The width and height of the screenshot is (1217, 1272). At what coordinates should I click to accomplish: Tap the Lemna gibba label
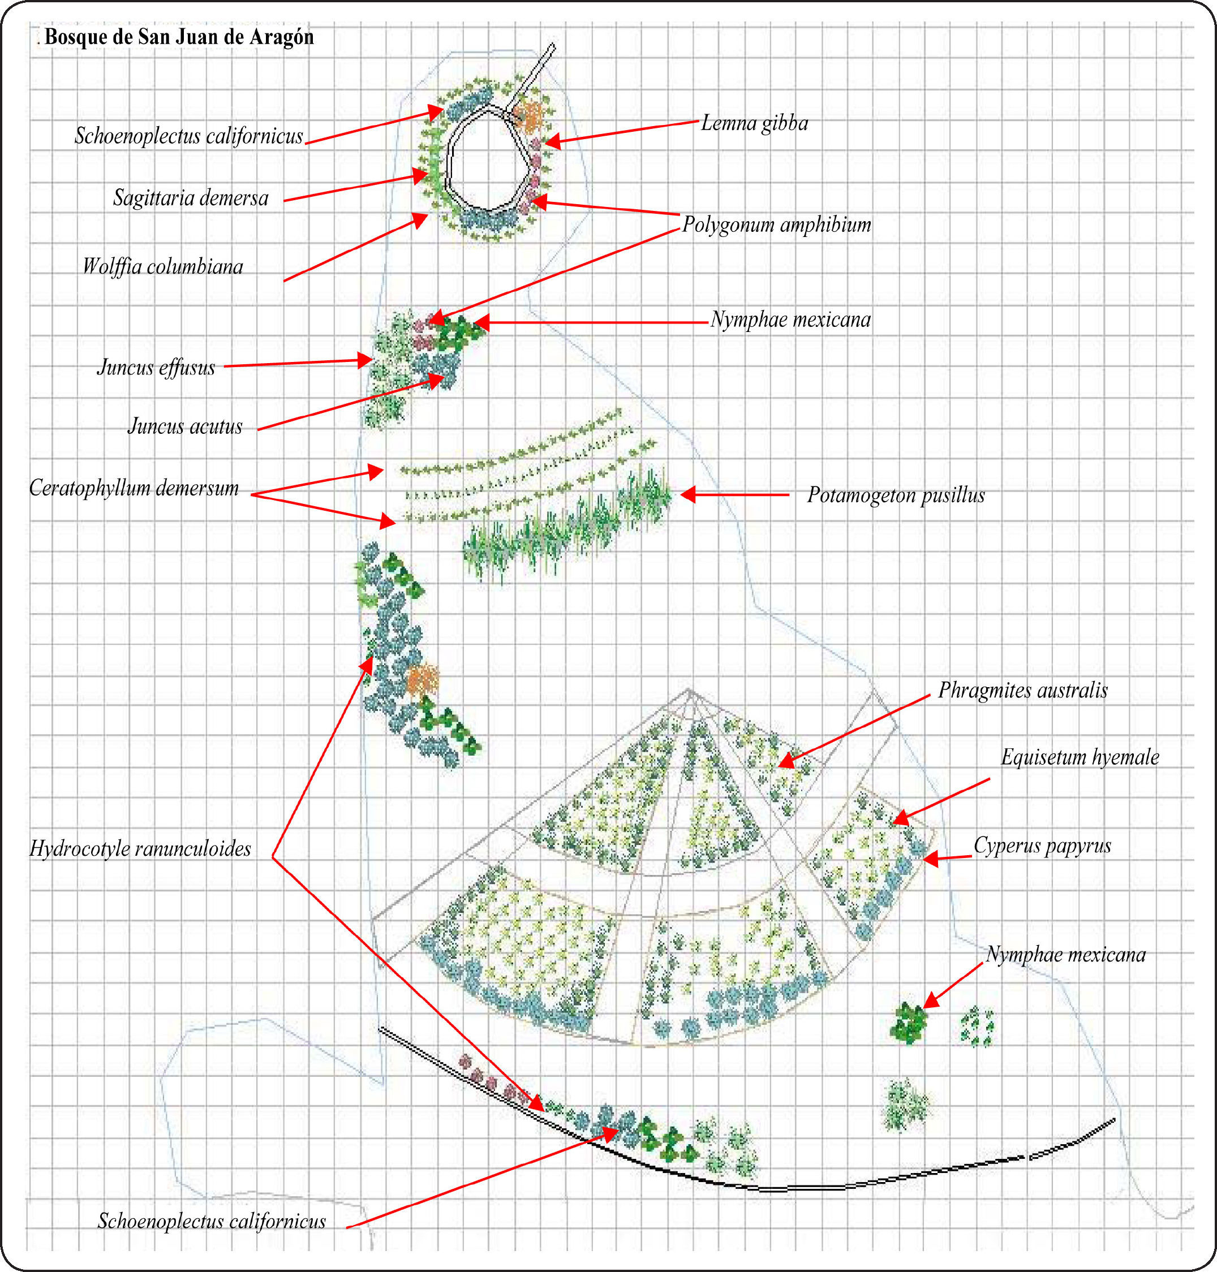point(754,123)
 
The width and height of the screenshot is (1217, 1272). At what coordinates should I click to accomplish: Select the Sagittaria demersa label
point(191,198)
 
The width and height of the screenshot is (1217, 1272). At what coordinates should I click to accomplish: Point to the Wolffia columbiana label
point(163,266)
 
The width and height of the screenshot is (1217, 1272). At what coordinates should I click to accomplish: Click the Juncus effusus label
point(156,368)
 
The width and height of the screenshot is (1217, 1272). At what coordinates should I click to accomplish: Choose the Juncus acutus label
point(185,426)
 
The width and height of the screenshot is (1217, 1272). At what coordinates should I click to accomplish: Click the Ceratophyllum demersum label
point(134,488)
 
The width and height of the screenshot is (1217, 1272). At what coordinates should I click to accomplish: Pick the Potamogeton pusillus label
point(896,495)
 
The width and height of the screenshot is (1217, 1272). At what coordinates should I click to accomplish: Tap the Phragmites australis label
point(1022,690)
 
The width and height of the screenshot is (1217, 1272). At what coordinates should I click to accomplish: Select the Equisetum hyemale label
point(1080,757)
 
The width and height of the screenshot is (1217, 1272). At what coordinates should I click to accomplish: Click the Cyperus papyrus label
point(1042,845)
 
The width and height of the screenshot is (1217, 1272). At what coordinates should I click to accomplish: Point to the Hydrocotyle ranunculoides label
point(140,848)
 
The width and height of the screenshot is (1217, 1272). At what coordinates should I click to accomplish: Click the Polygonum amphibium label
point(776,225)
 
